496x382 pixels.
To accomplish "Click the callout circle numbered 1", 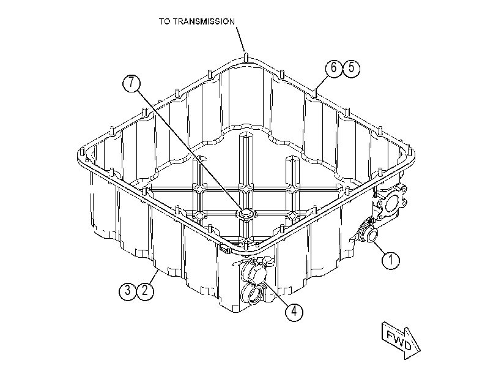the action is pyautogui.click(x=391, y=260).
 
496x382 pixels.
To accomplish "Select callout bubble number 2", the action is pyautogui.click(x=145, y=290).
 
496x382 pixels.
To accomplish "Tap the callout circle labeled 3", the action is pyautogui.click(x=128, y=290).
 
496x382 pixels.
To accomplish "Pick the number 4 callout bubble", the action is pyautogui.click(x=294, y=312).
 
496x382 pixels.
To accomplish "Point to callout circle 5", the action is pyautogui.click(x=351, y=68).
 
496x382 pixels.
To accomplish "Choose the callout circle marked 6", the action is pyautogui.click(x=334, y=68).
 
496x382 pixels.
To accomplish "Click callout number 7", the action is pyautogui.click(x=131, y=83).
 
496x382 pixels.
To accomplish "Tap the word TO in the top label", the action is pyautogui.click(x=165, y=21).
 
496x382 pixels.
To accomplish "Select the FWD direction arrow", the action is pyautogui.click(x=401, y=340).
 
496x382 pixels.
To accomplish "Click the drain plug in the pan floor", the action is pyautogui.click(x=246, y=214).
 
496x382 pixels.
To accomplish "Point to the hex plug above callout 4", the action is pyautogui.click(x=254, y=271).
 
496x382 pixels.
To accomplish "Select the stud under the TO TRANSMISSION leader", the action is pyautogui.click(x=246, y=58).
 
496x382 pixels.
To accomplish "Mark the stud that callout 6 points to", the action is pyautogui.click(x=315, y=92).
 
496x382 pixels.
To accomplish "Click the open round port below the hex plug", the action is pyautogui.click(x=252, y=294).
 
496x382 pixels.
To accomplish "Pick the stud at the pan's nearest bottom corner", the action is pyautogui.click(x=245, y=245).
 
